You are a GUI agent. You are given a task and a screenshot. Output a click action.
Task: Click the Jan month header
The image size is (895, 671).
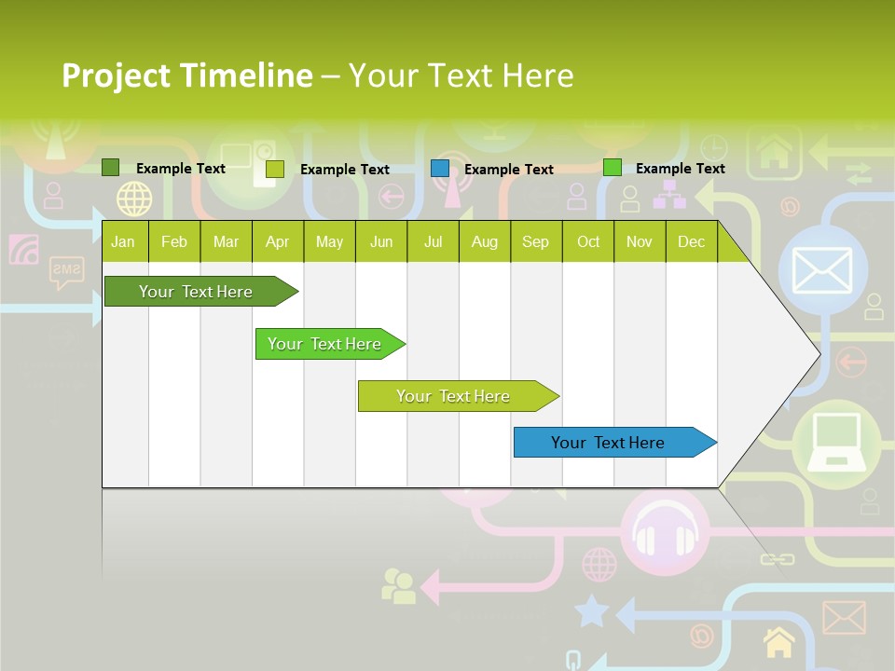tap(123, 241)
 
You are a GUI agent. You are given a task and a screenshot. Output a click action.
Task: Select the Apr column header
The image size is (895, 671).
tap(278, 241)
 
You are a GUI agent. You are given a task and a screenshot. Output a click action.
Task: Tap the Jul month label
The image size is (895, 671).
tap(433, 241)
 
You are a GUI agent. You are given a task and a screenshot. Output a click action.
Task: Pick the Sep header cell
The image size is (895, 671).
tap(535, 241)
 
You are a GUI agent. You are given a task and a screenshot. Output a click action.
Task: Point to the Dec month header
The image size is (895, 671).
tap(691, 241)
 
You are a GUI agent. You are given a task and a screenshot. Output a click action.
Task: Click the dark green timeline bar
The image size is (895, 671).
tap(196, 292)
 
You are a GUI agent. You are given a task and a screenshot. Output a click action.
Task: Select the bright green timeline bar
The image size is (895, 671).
tap(324, 344)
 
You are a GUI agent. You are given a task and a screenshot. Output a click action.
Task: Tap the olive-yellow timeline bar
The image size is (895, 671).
tap(453, 396)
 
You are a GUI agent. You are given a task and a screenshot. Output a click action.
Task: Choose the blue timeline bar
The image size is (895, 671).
tap(608, 443)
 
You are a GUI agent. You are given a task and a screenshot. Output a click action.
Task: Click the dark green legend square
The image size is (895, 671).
tap(111, 168)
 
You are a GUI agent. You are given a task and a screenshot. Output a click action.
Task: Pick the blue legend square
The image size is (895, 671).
tap(440, 169)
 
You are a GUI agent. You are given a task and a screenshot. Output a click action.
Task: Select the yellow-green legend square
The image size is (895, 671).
tap(275, 169)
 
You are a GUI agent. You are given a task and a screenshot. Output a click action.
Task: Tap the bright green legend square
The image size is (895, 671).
tap(613, 168)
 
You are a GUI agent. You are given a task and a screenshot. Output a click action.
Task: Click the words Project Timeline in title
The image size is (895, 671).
tap(187, 75)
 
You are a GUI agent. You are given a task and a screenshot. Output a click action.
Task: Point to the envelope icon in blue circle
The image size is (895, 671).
tap(821, 270)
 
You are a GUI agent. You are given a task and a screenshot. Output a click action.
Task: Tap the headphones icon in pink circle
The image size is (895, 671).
tap(665, 538)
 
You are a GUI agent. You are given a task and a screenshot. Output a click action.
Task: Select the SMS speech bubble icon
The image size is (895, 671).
tap(66, 272)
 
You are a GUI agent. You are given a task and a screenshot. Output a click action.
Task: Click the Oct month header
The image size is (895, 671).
tap(588, 241)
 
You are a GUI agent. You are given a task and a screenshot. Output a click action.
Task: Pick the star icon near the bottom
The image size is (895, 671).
tap(591, 612)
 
